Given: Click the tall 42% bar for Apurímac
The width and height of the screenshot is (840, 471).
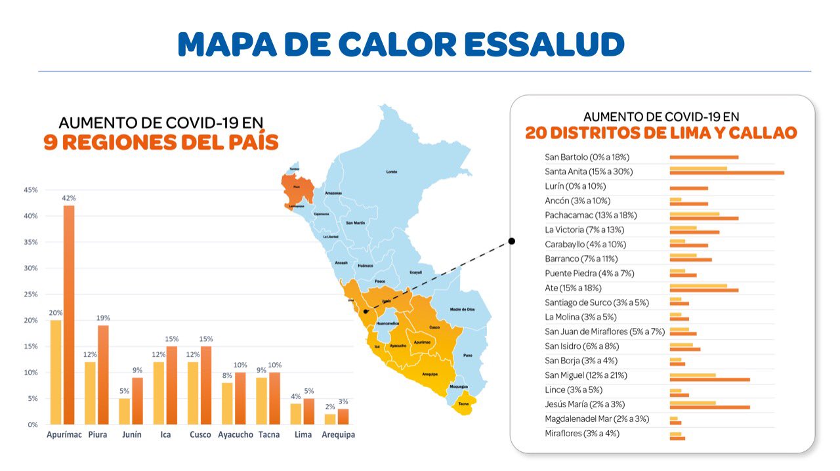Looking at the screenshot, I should pos(69,315).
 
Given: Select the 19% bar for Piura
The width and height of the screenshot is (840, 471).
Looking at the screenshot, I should pos(103,375).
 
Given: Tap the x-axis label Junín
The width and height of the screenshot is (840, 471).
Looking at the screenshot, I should pos(131,435).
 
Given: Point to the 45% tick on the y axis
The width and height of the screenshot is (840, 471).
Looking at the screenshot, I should pos(30,190).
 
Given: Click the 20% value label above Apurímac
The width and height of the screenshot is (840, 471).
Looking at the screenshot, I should pos(55,313).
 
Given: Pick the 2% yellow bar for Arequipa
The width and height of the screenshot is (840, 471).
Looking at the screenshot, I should pos(330,419).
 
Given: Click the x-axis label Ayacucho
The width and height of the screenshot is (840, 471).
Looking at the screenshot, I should pos(236,435).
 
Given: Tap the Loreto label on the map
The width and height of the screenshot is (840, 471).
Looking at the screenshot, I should pos(392,172).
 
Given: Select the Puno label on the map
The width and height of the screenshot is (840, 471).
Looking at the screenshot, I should pos(468,355).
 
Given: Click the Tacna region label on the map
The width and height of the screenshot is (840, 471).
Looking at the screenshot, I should pos(463,403).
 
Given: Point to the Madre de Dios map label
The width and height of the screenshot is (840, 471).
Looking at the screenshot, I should pos(462,309).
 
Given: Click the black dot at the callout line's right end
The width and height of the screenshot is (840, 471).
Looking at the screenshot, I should pos(512,241).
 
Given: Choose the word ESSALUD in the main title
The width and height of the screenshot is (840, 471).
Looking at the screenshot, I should pos(545,44).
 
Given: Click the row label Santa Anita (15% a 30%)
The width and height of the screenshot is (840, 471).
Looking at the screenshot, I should pos(589,172).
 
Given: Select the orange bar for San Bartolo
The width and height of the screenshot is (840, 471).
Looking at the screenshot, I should pos(703,157).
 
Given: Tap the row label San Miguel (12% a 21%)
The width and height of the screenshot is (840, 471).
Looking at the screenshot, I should pos(586,375).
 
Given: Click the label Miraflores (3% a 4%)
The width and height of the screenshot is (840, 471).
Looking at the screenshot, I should pos(582,434).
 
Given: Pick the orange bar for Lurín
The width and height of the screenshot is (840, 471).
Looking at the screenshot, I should pos(688,188).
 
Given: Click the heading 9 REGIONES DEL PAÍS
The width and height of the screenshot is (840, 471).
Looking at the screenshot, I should pos(161,142).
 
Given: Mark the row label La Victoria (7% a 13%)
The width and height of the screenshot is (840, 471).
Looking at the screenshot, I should pos(584,230).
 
